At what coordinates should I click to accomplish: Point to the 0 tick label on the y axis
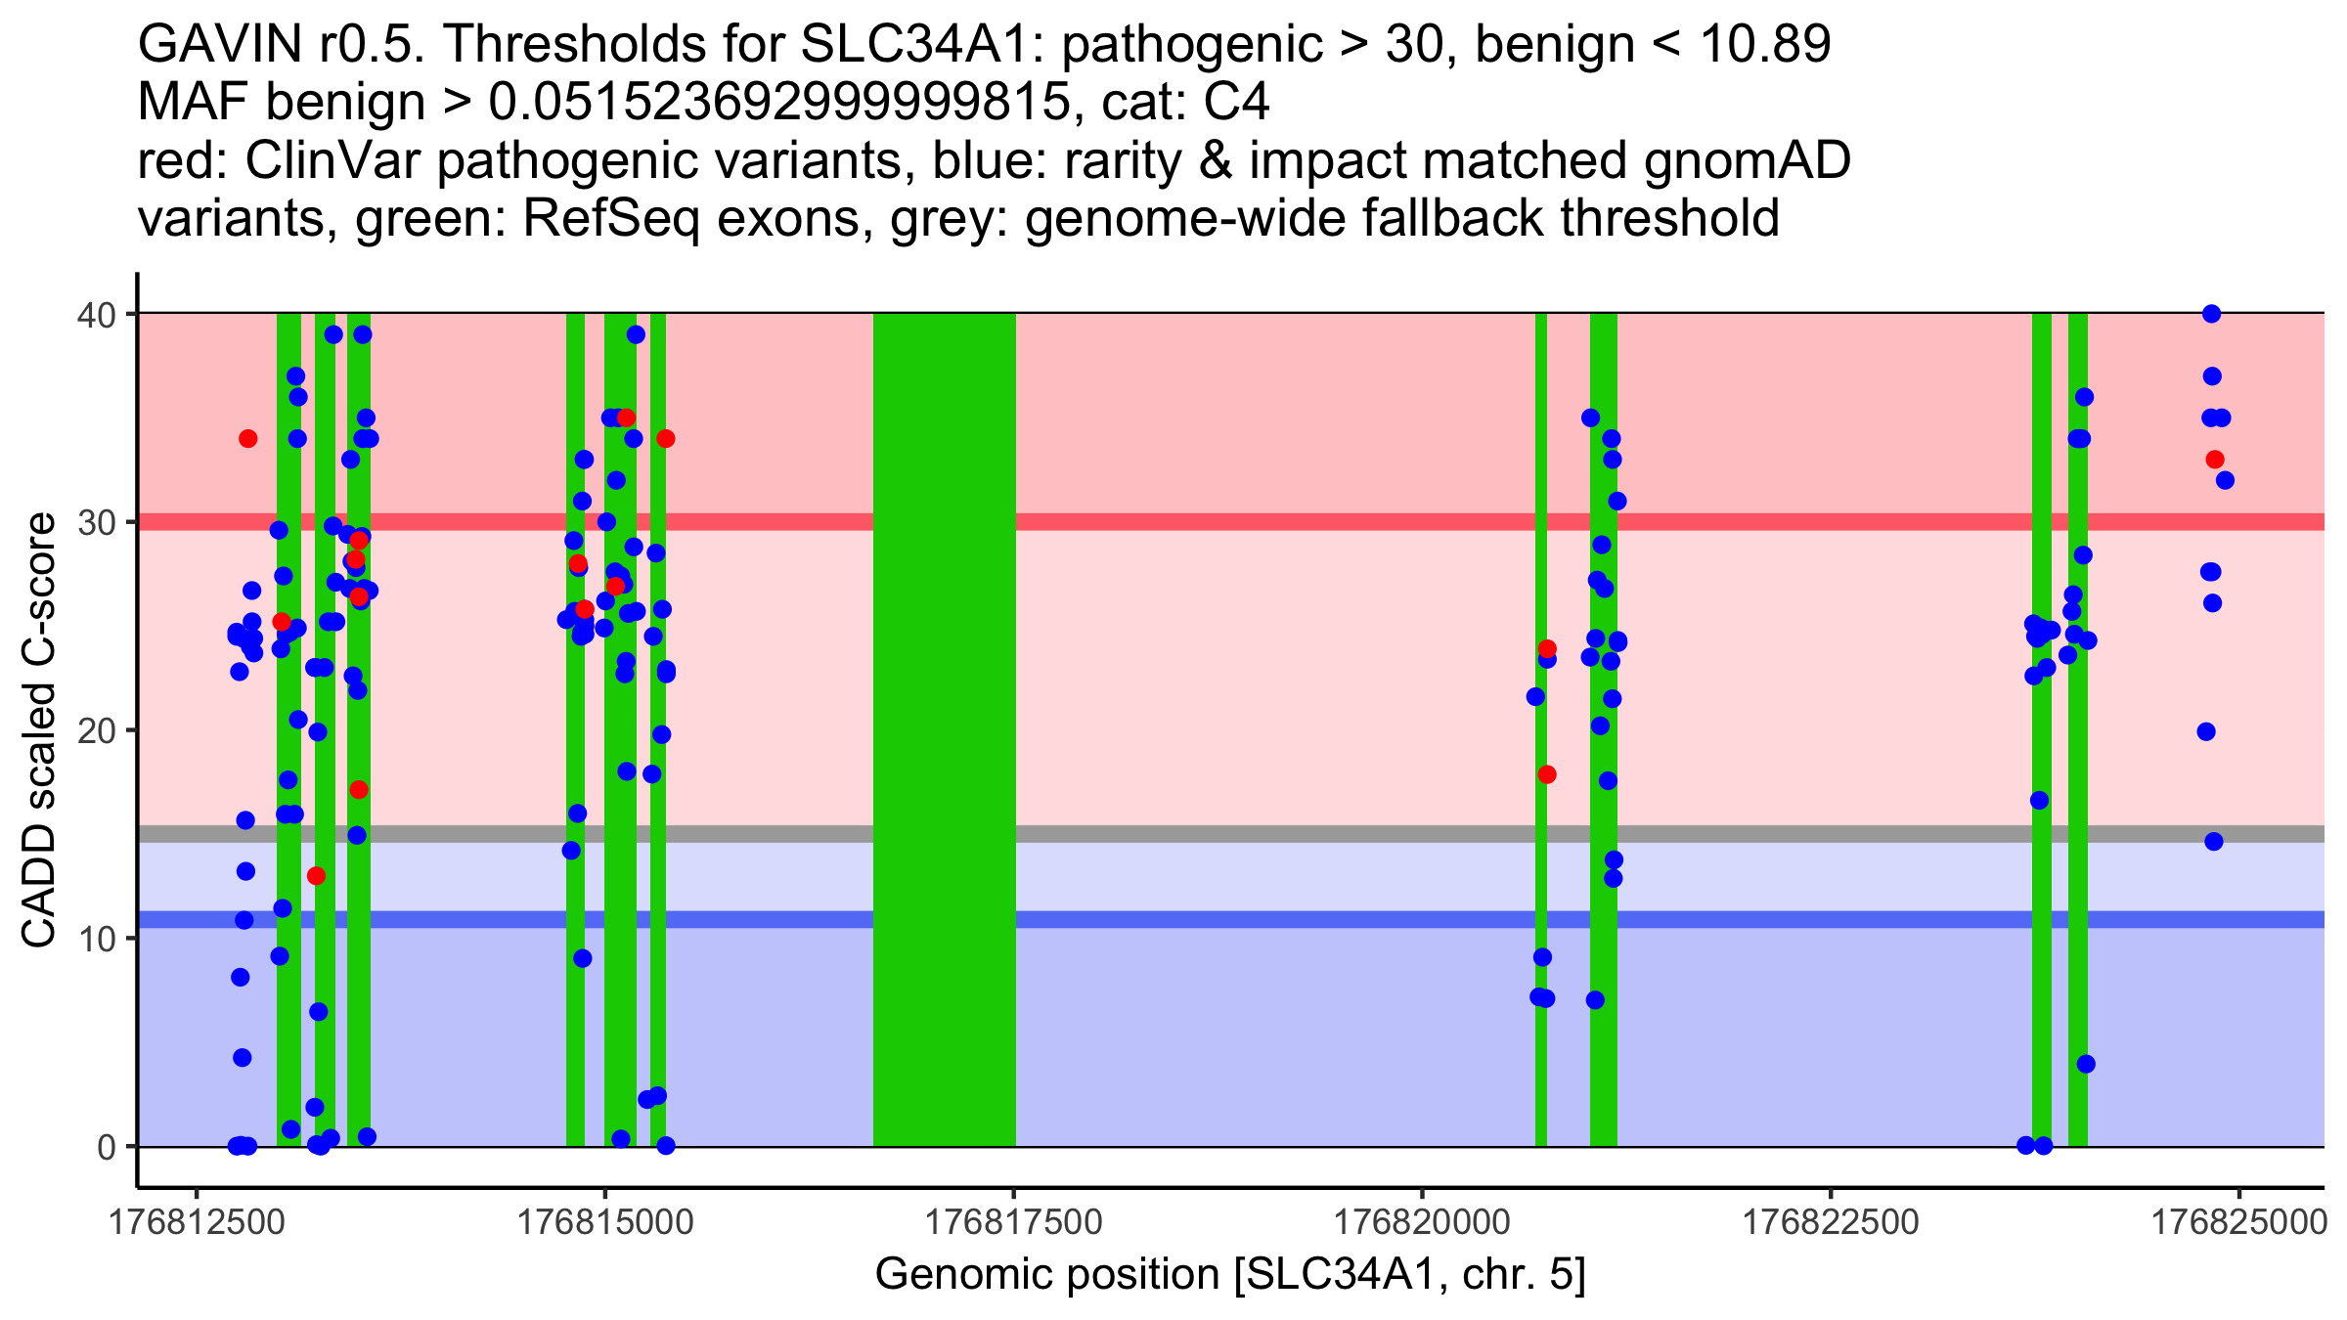[x=106, y=1147]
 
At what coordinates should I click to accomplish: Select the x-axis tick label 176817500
[x=1013, y=1223]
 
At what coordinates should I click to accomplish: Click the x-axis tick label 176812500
[x=197, y=1223]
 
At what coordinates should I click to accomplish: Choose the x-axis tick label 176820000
[x=1422, y=1223]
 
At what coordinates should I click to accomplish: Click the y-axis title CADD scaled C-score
[x=39, y=730]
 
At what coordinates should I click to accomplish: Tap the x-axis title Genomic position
[x=1229, y=1275]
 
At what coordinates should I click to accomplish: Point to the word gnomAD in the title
[x=1747, y=160]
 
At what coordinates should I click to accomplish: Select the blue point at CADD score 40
[x=2211, y=314]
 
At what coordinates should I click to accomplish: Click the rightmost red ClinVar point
[x=2215, y=460]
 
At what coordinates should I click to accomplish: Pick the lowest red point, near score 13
[x=316, y=875]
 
